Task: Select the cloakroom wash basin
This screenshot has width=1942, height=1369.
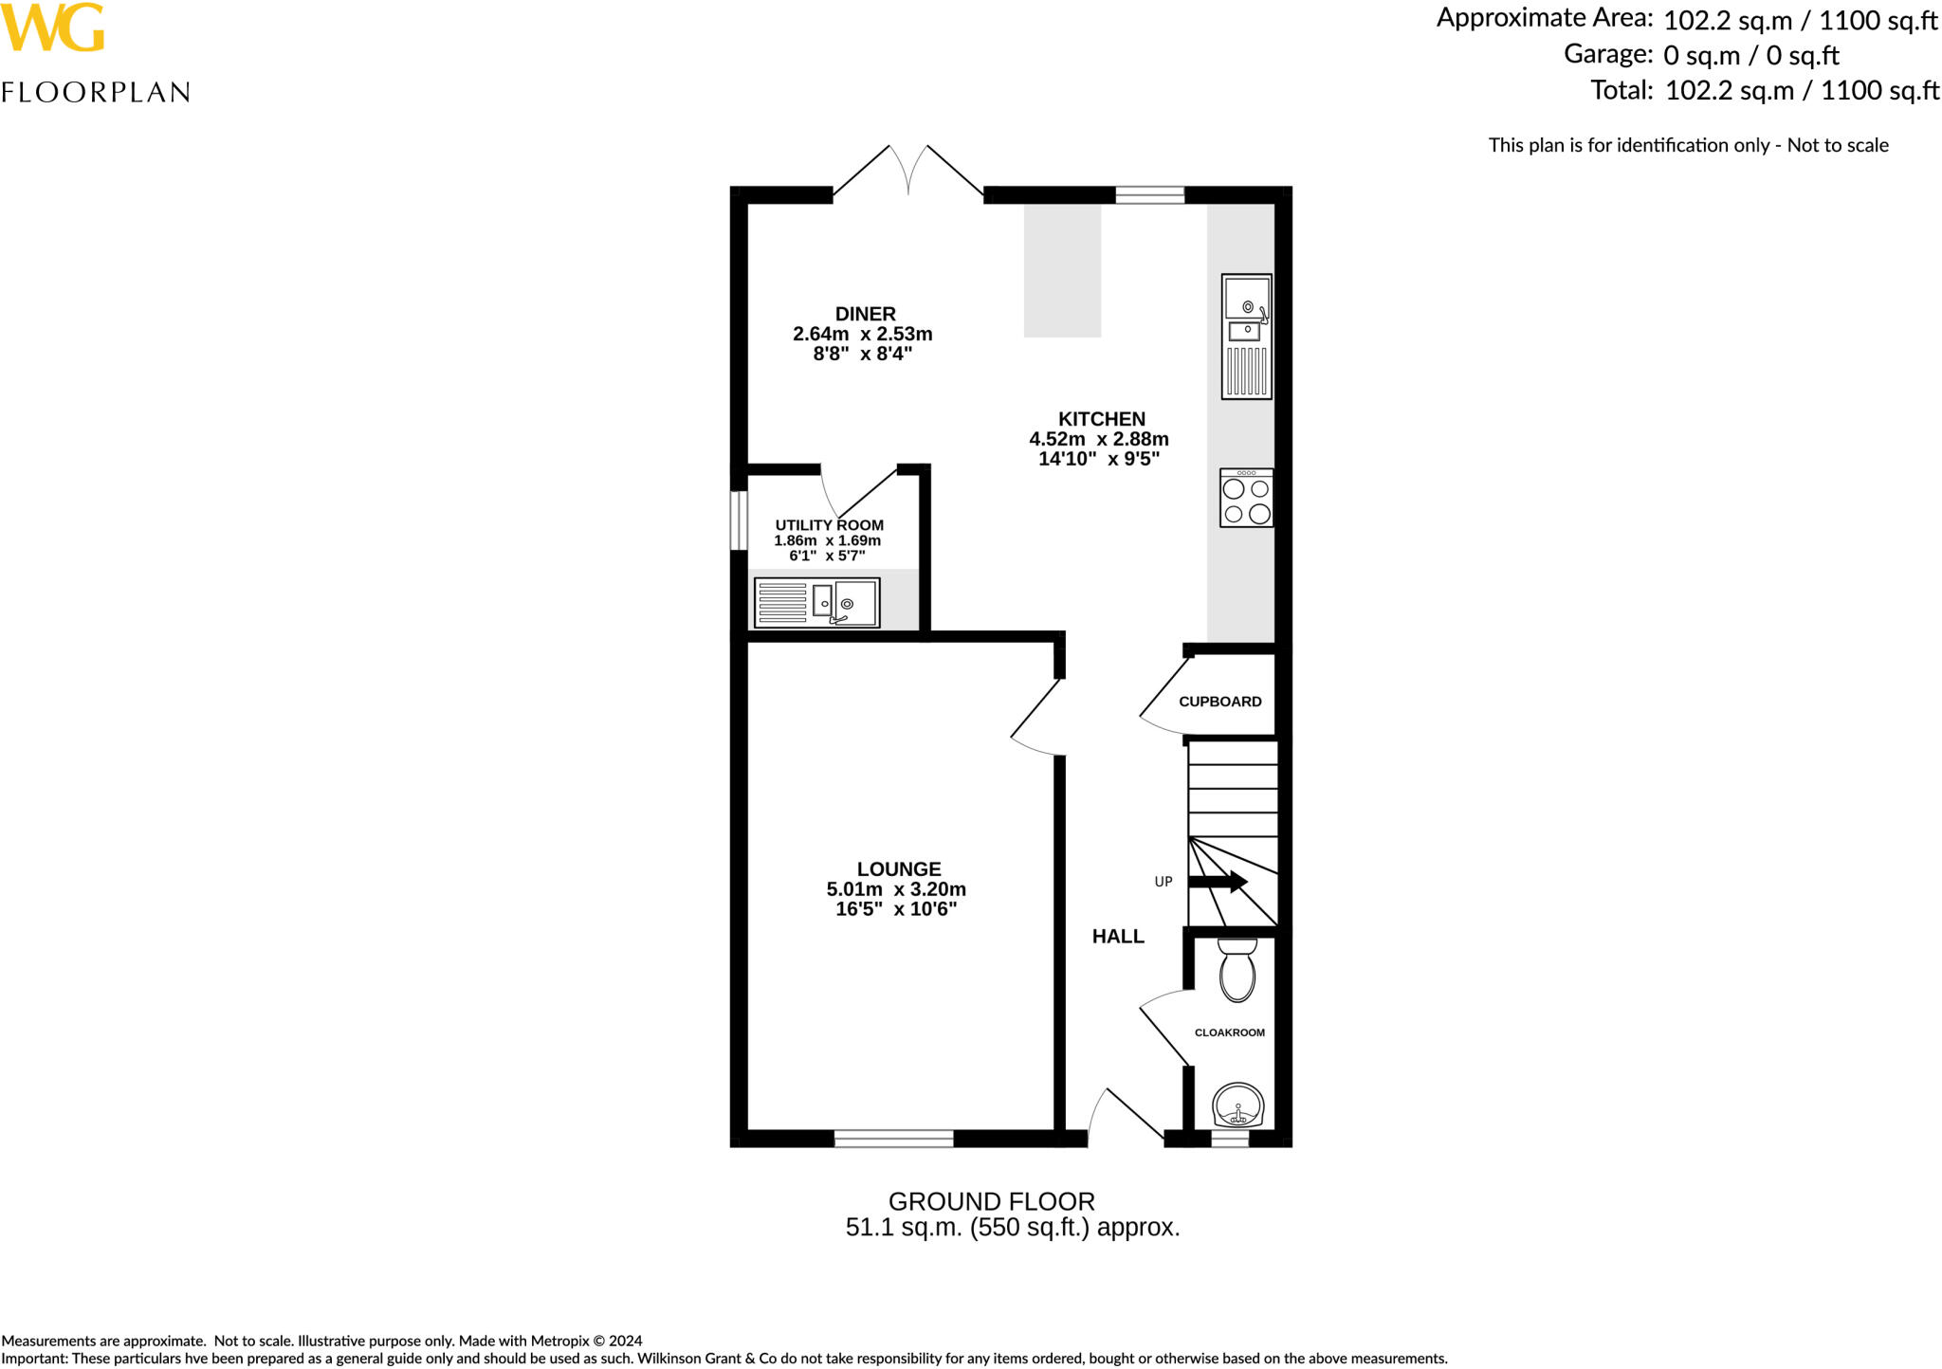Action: tap(1237, 1106)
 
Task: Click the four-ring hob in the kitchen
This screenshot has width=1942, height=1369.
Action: tap(1246, 499)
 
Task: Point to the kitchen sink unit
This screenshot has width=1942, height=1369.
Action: tap(1246, 337)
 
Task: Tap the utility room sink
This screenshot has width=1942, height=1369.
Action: tap(816, 603)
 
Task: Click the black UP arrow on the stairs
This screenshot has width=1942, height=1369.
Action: tap(1218, 882)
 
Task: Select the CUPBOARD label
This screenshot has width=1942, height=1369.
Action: tap(1219, 702)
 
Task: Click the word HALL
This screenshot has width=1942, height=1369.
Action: tap(1118, 937)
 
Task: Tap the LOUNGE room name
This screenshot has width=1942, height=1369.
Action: tap(898, 868)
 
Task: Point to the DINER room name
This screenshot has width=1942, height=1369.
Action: tap(865, 314)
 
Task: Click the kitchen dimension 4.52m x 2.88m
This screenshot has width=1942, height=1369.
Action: tap(1098, 439)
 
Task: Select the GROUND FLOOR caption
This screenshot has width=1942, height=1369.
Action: tap(991, 1201)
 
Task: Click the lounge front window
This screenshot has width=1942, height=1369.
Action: tap(893, 1139)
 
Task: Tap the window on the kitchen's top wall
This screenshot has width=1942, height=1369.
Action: tap(1149, 195)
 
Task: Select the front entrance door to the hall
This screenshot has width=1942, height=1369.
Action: tap(1127, 1119)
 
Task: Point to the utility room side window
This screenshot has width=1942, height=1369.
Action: tap(739, 520)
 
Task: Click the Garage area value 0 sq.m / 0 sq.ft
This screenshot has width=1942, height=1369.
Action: tap(1750, 55)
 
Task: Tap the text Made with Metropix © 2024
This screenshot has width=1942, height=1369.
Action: tap(550, 1341)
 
